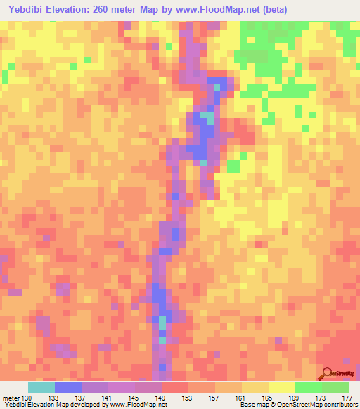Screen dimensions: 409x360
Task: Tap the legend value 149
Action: pyautogui.click(x=161, y=397)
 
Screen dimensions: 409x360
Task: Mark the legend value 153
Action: pyautogui.click(x=188, y=397)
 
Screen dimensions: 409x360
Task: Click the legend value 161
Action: pyautogui.click(x=241, y=397)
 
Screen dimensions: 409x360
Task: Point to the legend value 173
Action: pyautogui.click(x=321, y=397)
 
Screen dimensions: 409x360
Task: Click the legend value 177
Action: pyautogui.click(x=346, y=397)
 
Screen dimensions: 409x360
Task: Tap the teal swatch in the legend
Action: pyautogui.click(x=41, y=387)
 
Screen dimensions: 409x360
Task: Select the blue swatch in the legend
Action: pyautogui.click(x=68, y=387)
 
